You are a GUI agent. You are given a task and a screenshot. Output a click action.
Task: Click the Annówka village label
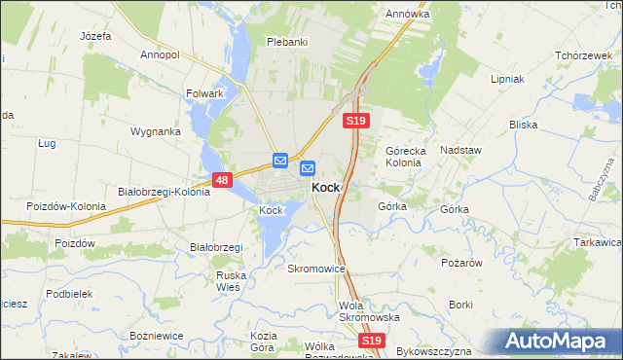(x=408, y=15)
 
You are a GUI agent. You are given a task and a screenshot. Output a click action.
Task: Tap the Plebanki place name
(x=287, y=42)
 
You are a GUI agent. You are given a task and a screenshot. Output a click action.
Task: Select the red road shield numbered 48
(x=222, y=180)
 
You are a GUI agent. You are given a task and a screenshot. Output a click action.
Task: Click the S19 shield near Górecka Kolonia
(x=355, y=121)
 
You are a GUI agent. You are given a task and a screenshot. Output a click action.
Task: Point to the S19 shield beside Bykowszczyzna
(x=370, y=341)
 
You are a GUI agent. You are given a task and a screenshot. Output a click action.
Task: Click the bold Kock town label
(x=325, y=188)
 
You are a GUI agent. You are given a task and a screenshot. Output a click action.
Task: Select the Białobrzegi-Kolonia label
(x=164, y=192)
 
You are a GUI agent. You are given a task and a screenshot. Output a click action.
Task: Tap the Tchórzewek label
(x=582, y=55)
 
